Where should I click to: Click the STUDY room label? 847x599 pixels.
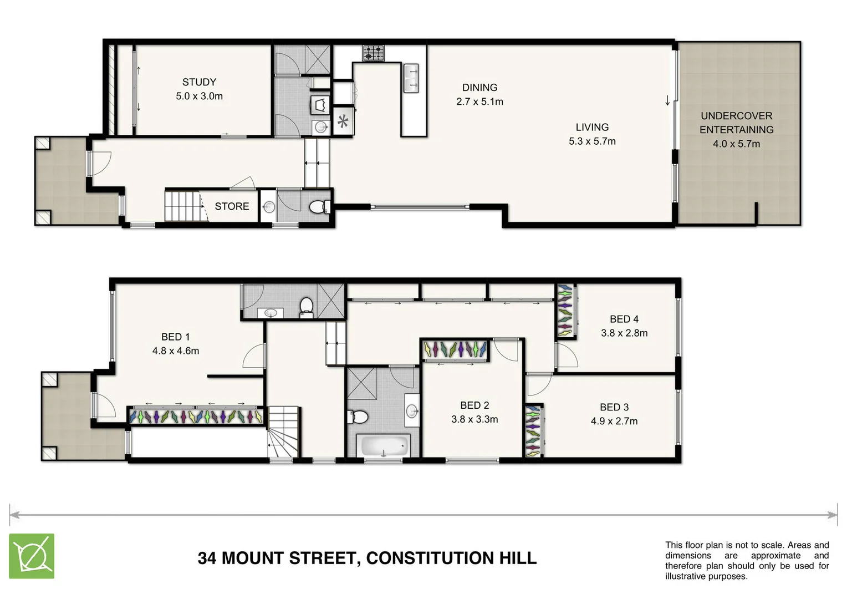pos(199,82)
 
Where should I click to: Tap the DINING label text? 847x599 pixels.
pos(479,88)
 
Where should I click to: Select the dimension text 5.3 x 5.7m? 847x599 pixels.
pos(592,141)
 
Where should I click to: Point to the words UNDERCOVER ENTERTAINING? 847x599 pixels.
pos(736,123)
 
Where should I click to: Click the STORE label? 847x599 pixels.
pos(232,206)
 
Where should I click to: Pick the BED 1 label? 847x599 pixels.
pos(175,337)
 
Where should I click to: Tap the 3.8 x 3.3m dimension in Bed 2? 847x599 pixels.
pos(474,419)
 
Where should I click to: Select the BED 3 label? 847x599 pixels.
pos(614,407)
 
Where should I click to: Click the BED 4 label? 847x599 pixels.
pos(624,319)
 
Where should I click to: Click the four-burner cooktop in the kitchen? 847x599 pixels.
pos(374,53)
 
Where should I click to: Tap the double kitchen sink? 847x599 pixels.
pos(411,78)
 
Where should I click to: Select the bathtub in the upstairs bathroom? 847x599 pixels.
pos(384,445)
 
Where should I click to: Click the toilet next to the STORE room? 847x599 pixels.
pos(318,207)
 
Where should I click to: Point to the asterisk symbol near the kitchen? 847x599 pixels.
pos(343,121)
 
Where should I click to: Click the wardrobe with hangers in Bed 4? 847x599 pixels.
pos(565,311)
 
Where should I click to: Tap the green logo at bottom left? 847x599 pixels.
pos(32,556)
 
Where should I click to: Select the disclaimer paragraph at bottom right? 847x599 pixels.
pos(747,561)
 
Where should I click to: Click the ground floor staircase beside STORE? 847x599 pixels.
pos(182,206)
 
